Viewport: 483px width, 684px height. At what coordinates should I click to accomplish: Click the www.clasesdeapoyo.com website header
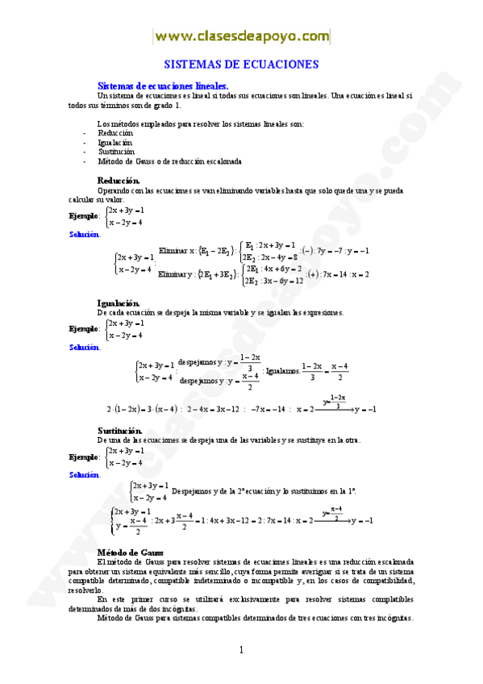click(x=242, y=36)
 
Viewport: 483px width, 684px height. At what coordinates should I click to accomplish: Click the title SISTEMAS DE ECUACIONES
click(x=242, y=65)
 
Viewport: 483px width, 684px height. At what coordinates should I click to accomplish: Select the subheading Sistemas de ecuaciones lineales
click(x=162, y=85)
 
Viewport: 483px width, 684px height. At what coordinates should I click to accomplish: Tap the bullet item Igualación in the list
click(x=115, y=142)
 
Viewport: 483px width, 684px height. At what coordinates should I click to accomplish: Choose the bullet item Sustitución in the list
click(x=116, y=151)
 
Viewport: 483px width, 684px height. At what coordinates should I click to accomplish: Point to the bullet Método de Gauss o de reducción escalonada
click(x=169, y=161)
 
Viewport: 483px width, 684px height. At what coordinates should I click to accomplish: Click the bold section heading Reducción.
click(x=118, y=181)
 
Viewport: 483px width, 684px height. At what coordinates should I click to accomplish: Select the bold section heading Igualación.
click(x=119, y=302)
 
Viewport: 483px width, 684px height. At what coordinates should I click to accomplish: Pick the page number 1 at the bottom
click(x=240, y=650)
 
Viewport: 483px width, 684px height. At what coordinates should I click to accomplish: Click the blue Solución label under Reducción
click(x=85, y=234)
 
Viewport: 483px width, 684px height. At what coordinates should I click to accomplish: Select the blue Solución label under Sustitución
click(x=85, y=475)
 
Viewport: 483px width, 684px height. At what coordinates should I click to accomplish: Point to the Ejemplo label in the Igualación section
click(x=84, y=329)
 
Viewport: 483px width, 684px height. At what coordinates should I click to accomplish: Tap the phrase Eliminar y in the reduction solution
click(x=176, y=275)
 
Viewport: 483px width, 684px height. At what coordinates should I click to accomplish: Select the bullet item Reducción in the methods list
click(x=115, y=133)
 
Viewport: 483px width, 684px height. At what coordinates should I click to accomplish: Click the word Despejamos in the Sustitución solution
click(x=192, y=490)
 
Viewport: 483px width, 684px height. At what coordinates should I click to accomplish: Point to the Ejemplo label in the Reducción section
click(x=84, y=215)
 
